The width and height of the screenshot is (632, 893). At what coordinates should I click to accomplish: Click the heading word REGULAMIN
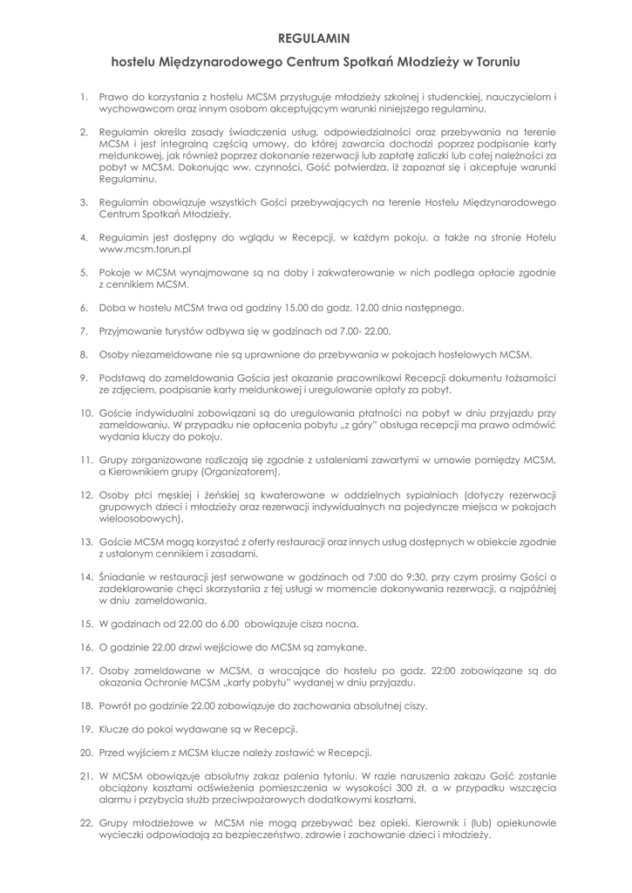(x=314, y=38)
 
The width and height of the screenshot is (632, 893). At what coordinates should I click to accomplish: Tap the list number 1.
(x=84, y=96)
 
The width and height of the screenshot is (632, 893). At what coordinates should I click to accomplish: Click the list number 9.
(x=84, y=378)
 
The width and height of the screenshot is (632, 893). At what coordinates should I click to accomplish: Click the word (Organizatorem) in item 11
(x=240, y=472)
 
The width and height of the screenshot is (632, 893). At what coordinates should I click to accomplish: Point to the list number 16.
(x=85, y=647)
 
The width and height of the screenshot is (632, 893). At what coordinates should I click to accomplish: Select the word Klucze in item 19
(x=118, y=728)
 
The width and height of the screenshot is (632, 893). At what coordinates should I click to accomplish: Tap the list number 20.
(x=85, y=751)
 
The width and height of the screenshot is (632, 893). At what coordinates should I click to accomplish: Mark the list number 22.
(x=85, y=822)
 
